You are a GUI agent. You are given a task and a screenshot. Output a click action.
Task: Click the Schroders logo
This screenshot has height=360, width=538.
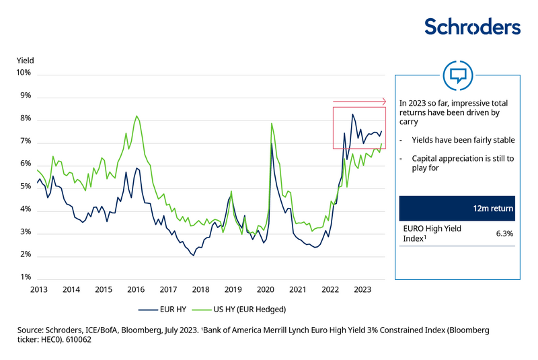coord(472,27)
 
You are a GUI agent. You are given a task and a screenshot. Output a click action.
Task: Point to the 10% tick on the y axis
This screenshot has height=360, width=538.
coord(25,73)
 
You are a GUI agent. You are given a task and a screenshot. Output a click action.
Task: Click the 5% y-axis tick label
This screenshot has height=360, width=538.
coord(25,187)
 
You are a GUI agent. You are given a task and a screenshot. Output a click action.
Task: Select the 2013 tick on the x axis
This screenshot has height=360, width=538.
coord(38,289)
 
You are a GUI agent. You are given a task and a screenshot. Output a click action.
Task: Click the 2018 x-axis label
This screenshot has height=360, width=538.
coord(200,289)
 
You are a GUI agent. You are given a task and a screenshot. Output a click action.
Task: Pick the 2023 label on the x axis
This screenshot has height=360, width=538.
coord(362,289)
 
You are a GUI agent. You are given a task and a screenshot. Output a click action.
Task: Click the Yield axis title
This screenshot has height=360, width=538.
coord(25,61)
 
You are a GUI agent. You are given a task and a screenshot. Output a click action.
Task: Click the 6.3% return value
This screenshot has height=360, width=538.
coord(504,233)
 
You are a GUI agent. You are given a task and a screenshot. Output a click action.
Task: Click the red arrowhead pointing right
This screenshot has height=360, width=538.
coord(384,102)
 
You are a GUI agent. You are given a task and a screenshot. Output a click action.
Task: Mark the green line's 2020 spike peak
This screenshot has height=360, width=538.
coord(271,123)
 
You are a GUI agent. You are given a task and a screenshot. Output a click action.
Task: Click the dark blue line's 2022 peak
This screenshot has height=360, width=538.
coord(352,114)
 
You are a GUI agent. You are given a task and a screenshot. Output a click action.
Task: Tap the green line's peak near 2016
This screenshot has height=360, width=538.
coord(137,116)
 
